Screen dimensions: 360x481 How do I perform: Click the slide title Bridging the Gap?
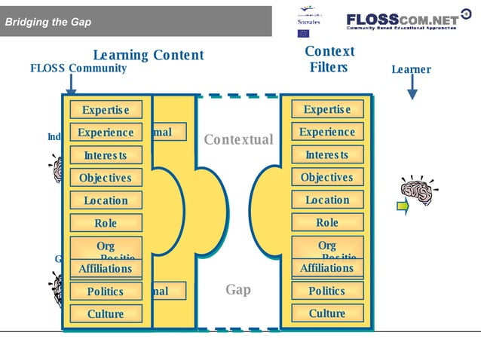(48, 22)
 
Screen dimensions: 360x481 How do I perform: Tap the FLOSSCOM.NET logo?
(402, 20)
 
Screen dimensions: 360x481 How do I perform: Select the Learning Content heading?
(148, 55)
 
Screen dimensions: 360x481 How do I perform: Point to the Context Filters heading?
(329, 59)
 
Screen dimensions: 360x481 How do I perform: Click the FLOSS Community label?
(78, 69)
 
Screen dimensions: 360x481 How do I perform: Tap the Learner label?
(411, 70)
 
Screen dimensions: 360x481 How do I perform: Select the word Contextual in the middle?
(238, 140)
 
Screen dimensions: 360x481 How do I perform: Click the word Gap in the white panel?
(238, 290)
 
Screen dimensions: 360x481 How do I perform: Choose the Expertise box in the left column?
(106, 110)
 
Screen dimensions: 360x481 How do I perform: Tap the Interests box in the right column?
(327, 155)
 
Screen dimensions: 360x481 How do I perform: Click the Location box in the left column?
(106, 201)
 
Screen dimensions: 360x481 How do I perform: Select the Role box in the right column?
(327, 223)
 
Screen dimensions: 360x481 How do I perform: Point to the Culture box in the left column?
(106, 314)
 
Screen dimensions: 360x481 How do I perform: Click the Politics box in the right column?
(327, 291)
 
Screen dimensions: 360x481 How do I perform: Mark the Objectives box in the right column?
(327, 178)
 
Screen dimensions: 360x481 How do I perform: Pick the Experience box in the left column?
(106, 133)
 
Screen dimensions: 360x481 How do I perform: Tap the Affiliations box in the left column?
(106, 269)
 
